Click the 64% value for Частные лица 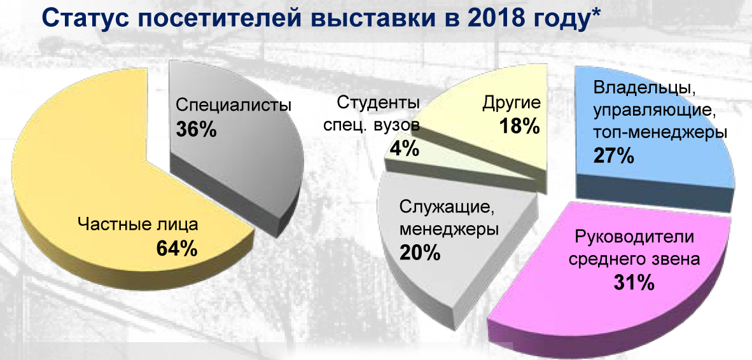[x=177, y=248]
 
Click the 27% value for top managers [x=613, y=156]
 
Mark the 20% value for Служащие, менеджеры [x=420, y=253]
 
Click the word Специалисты [x=233, y=105]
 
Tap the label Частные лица [x=138, y=224]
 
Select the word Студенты [x=379, y=103]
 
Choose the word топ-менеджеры [x=660, y=133]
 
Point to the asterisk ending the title [x=596, y=15]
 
